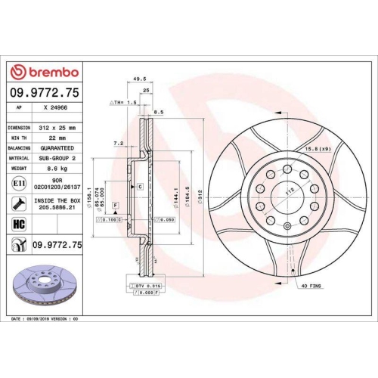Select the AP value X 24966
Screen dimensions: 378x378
coord(59,108)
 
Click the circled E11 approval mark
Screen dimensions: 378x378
coord(17,184)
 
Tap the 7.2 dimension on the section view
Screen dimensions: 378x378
coord(119,142)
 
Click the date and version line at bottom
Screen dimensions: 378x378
coord(46,321)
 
